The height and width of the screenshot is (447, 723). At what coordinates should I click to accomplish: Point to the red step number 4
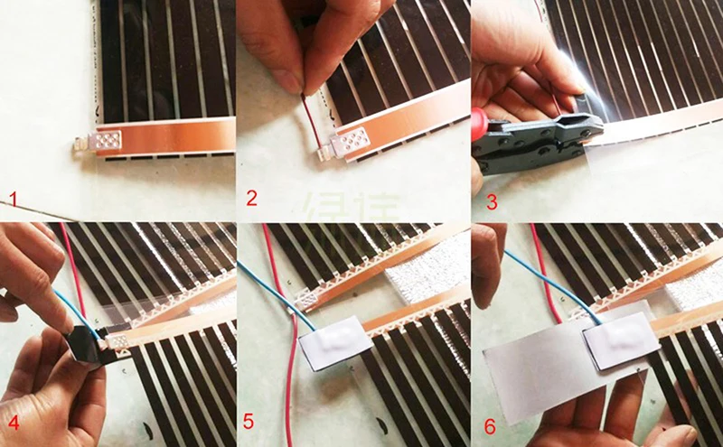[13, 424]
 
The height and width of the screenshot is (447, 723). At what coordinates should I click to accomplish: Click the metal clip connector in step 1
[99, 143]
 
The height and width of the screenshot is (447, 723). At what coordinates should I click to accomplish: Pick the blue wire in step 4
[72, 307]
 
